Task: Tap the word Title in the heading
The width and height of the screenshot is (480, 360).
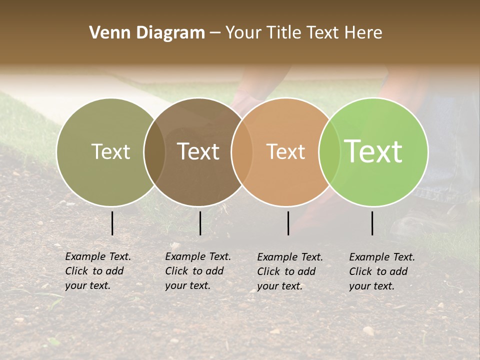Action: pyautogui.click(x=285, y=33)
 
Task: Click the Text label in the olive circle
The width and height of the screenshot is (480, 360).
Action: pyautogui.click(x=110, y=151)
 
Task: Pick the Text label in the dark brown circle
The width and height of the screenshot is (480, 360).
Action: pyautogui.click(x=198, y=151)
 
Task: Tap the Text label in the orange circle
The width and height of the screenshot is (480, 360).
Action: pyautogui.click(x=285, y=151)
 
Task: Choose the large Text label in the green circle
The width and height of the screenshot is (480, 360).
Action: pyautogui.click(x=373, y=151)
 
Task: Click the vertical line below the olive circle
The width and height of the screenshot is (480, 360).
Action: pyautogui.click(x=112, y=223)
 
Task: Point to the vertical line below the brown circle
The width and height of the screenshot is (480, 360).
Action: pyautogui.click(x=200, y=223)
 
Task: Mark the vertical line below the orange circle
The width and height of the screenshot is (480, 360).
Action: pyautogui.click(x=288, y=223)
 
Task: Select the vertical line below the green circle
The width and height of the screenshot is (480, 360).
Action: pyautogui.click(x=372, y=223)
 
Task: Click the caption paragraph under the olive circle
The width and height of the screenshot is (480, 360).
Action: pyautogui.click(x=98, y=271)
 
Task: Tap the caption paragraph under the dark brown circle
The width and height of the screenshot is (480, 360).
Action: pyautogui.click(x=198, y=271)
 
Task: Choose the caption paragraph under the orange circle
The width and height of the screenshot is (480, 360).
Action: pyautogui.click(x=290, y=271)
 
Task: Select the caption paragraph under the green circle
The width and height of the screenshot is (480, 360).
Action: pyautogui.click(x=382, y=271)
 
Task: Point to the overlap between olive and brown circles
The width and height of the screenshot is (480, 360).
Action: pyautogui.click(x=154, y=152)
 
